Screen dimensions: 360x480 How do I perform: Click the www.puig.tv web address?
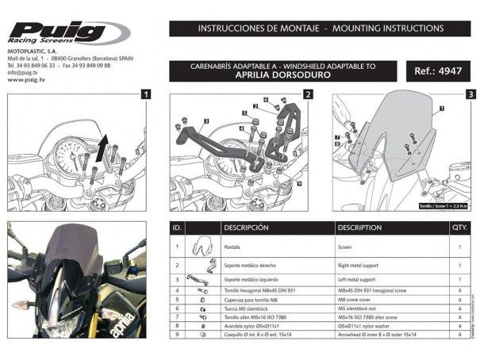pos(26,79)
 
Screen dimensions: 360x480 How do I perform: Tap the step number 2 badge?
pos(307,94)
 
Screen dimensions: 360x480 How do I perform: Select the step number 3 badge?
pos(471,94)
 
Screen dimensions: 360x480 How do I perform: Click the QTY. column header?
pos(459,227)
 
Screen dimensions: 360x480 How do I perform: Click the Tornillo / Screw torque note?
pos(442,205)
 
